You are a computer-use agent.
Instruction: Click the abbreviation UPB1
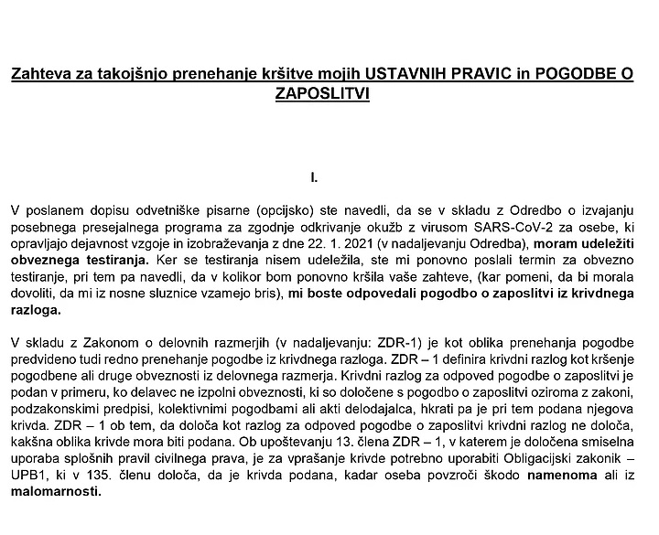click(30, 475)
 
